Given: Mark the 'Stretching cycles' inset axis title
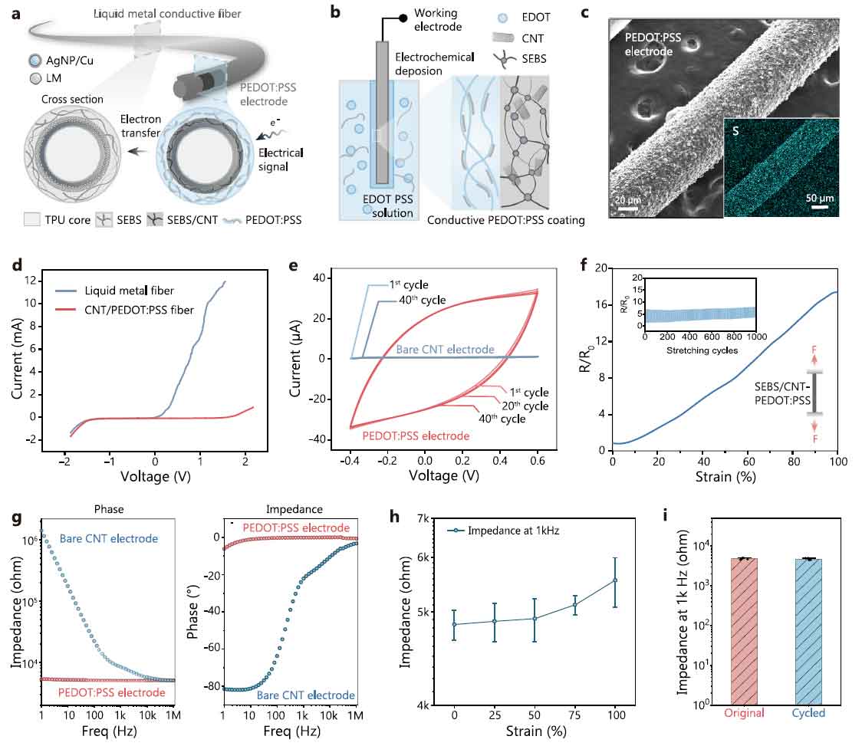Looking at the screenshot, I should (x=699, y=350).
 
